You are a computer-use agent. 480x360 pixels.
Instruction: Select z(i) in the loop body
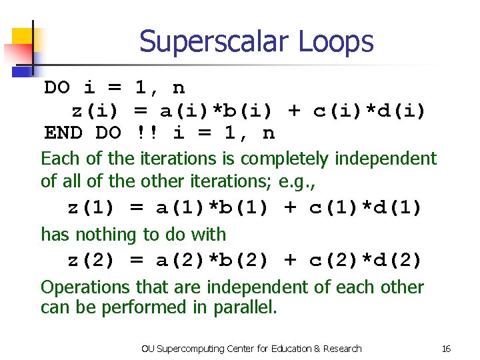tap(95, 111)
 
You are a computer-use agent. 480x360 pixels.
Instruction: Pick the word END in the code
tap(63, 133)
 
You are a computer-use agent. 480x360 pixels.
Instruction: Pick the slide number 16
tap(446, 349)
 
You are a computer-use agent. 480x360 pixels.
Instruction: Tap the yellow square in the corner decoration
tap(21, 37)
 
